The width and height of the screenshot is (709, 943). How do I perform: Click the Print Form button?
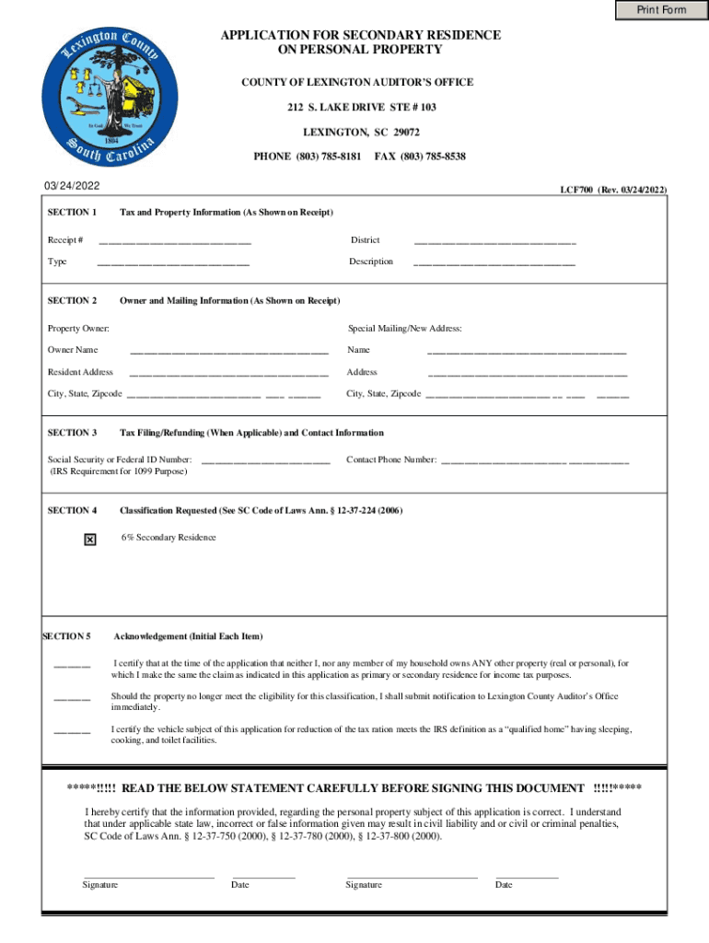click(661, 10)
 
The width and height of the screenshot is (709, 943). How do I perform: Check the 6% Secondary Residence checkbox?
click(89, 540)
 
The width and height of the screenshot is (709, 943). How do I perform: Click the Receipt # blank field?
click(174, 242)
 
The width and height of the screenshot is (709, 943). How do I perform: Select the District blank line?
click(494, 242)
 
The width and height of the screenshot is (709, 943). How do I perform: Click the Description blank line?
click(494, 263)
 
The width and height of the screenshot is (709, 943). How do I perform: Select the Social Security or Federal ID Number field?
click(265, 461)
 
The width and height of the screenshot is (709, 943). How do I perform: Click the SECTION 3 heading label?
click(73, 433)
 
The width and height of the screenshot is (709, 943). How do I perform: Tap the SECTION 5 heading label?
click(67, 636)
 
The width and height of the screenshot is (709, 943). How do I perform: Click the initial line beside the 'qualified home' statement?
click(72, 731)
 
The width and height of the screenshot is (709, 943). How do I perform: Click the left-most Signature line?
click(148, 876)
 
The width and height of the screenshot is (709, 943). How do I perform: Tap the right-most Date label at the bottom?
click(504, 885)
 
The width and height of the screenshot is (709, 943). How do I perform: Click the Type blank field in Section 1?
click(173, 263)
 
